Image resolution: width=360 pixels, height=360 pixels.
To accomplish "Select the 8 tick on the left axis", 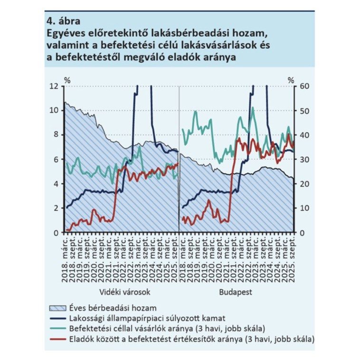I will click(56, 134).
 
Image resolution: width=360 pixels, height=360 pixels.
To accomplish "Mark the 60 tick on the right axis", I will click(304, 85).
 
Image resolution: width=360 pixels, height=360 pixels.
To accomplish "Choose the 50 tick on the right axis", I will click(304, 110).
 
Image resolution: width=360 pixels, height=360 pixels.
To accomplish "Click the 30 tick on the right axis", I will click(304, 159).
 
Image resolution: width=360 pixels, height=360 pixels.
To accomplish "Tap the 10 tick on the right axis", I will click(304, 208).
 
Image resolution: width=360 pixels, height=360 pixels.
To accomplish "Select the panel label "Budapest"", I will click(236, 292).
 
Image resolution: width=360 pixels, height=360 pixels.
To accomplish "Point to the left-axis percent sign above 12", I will click(67, 79).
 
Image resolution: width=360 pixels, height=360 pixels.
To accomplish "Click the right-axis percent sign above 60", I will click(291, 79).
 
